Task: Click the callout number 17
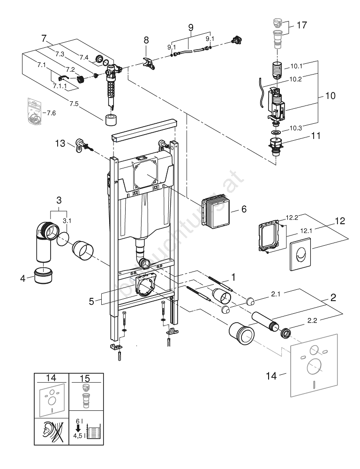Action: [x=302, y=25]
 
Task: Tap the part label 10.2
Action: [x=295, y=79]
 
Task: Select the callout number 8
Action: [x=146, y=40]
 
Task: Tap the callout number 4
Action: [x=22, y=279]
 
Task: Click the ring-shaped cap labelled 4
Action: [x=45, y=276]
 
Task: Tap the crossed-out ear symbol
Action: [x=51, y=431]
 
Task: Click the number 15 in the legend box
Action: [x=86, y=378]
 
